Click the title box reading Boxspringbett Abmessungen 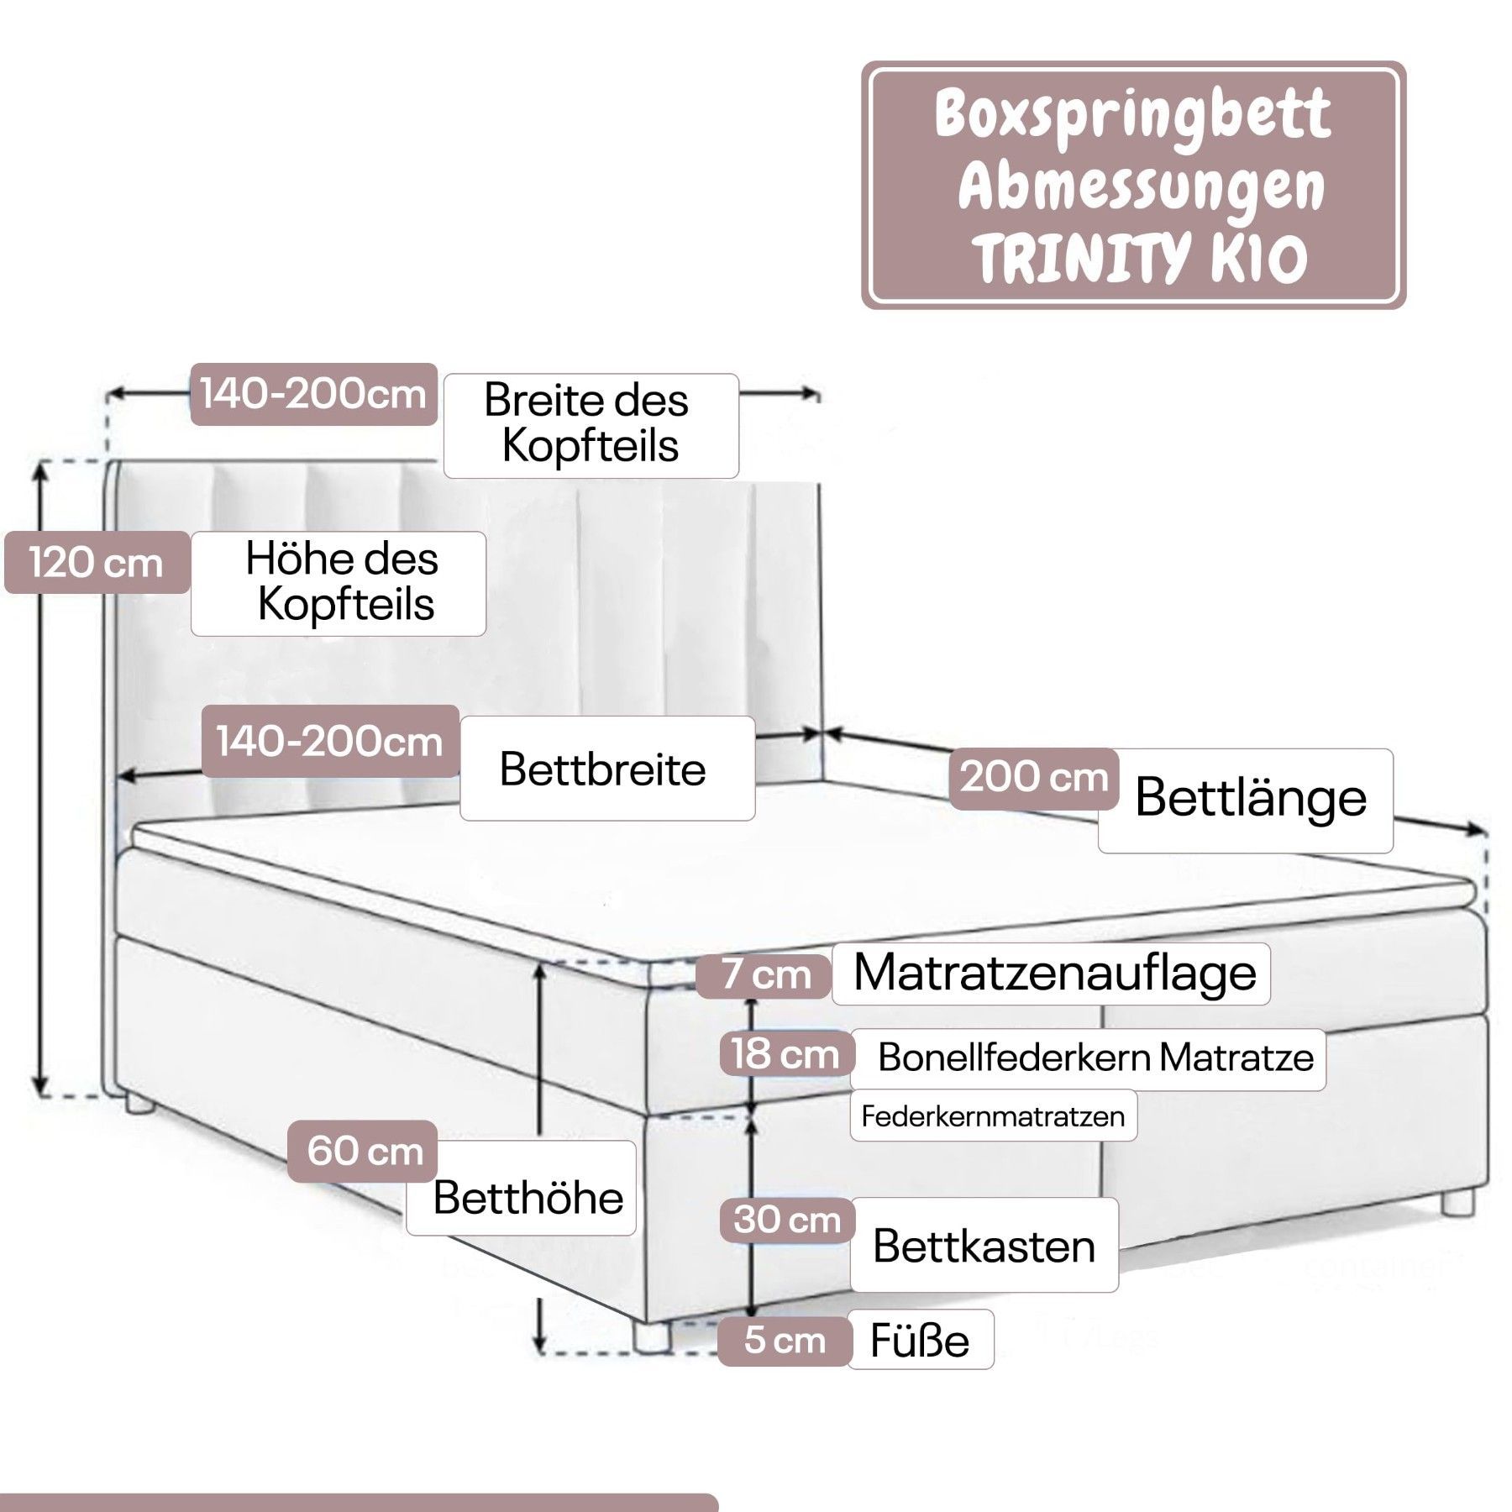[1133, 184]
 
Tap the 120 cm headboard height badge [96, 562]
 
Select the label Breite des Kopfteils [591, 425]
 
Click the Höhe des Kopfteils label [339, 582]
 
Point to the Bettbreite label [606, 769]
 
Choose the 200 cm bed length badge [1033, 778]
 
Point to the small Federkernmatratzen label [993, 1116]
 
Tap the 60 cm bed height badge [364, 1151]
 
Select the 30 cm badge [786, 1220]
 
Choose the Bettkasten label [984, 1246]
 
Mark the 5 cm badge [784, 1341]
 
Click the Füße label [920, 1341]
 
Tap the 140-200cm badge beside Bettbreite [329, 742]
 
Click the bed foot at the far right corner [1458, 1201]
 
